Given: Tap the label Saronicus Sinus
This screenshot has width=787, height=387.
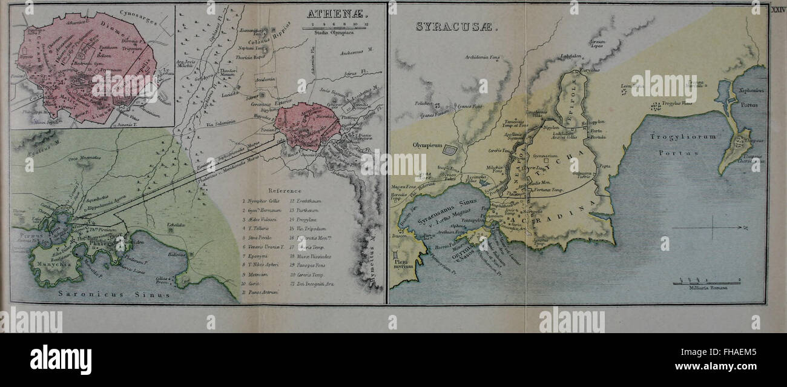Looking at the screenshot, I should pyautogui.click(x=116, y=294).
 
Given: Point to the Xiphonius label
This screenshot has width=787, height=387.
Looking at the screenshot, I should pyautogui.click(x=751, y=90).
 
